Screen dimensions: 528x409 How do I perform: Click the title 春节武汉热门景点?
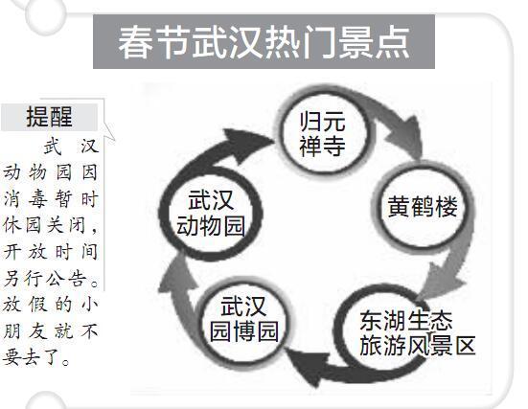coord(264,43)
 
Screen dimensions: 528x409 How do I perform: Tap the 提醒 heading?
coord(49,117)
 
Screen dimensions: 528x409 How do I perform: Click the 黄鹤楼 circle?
coord(423,207)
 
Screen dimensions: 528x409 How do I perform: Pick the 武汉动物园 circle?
coord(211,213)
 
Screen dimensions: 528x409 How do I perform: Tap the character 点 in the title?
coord(393,43)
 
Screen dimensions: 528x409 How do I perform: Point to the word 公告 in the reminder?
coord(66,279)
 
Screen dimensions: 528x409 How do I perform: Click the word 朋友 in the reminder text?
coord(24,331)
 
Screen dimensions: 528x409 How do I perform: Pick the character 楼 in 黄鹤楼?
coord(447,206)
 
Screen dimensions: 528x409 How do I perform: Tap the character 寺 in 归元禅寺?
coord(334,146)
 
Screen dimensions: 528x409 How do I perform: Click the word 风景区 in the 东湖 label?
coord(441,346)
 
